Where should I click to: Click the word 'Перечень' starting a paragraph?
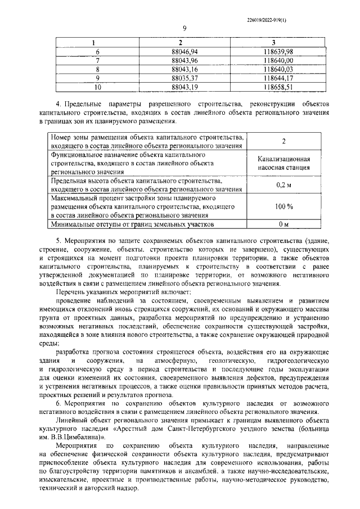(73, 293)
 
